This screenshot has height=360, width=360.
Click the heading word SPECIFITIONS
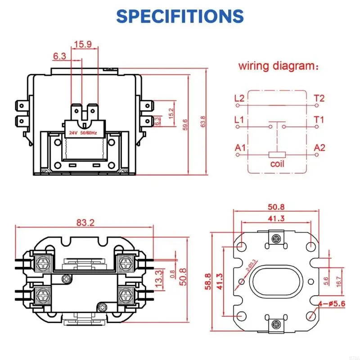point(180,16)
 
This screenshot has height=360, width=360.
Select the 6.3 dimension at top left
point(60,56)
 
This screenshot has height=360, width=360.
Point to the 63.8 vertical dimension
point(203,121)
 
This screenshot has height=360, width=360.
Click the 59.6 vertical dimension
point(185,124)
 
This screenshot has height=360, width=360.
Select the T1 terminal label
point(319,120)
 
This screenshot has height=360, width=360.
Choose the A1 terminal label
point(240,148)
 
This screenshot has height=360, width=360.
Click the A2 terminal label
point(319,148)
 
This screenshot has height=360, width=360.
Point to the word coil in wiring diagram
point(277,164)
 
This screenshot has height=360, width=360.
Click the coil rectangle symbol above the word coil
point(277,154)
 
